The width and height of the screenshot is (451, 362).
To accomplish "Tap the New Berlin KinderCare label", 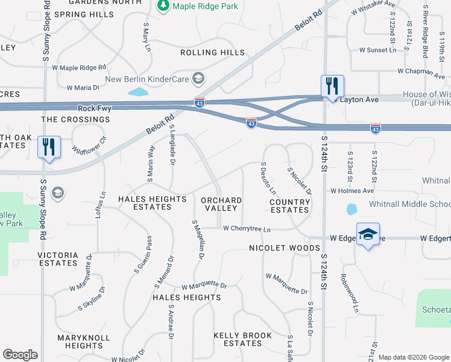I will click(147, 79).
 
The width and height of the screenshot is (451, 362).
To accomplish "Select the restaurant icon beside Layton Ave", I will click(331, 86).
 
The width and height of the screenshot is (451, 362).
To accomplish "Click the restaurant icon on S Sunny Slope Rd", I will click(49, 147).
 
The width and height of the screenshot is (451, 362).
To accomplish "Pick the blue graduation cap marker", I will click(367, 235).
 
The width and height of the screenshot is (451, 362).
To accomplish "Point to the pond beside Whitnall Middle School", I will click(352, 209).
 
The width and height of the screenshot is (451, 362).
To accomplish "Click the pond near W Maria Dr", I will click(138, 92).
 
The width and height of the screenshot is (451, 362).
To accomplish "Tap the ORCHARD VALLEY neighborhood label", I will click(221, 204).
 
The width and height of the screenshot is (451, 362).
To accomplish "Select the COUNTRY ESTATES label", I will click(289, 206).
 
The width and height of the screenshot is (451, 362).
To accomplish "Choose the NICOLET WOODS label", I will click(285, 248).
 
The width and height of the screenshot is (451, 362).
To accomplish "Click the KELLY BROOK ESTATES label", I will click(243, 340).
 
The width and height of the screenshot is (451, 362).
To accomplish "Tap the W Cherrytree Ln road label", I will click(247, 229).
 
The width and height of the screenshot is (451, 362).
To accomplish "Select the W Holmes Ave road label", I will click(353, 191).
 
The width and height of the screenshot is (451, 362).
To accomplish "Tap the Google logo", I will click(20, 355).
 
